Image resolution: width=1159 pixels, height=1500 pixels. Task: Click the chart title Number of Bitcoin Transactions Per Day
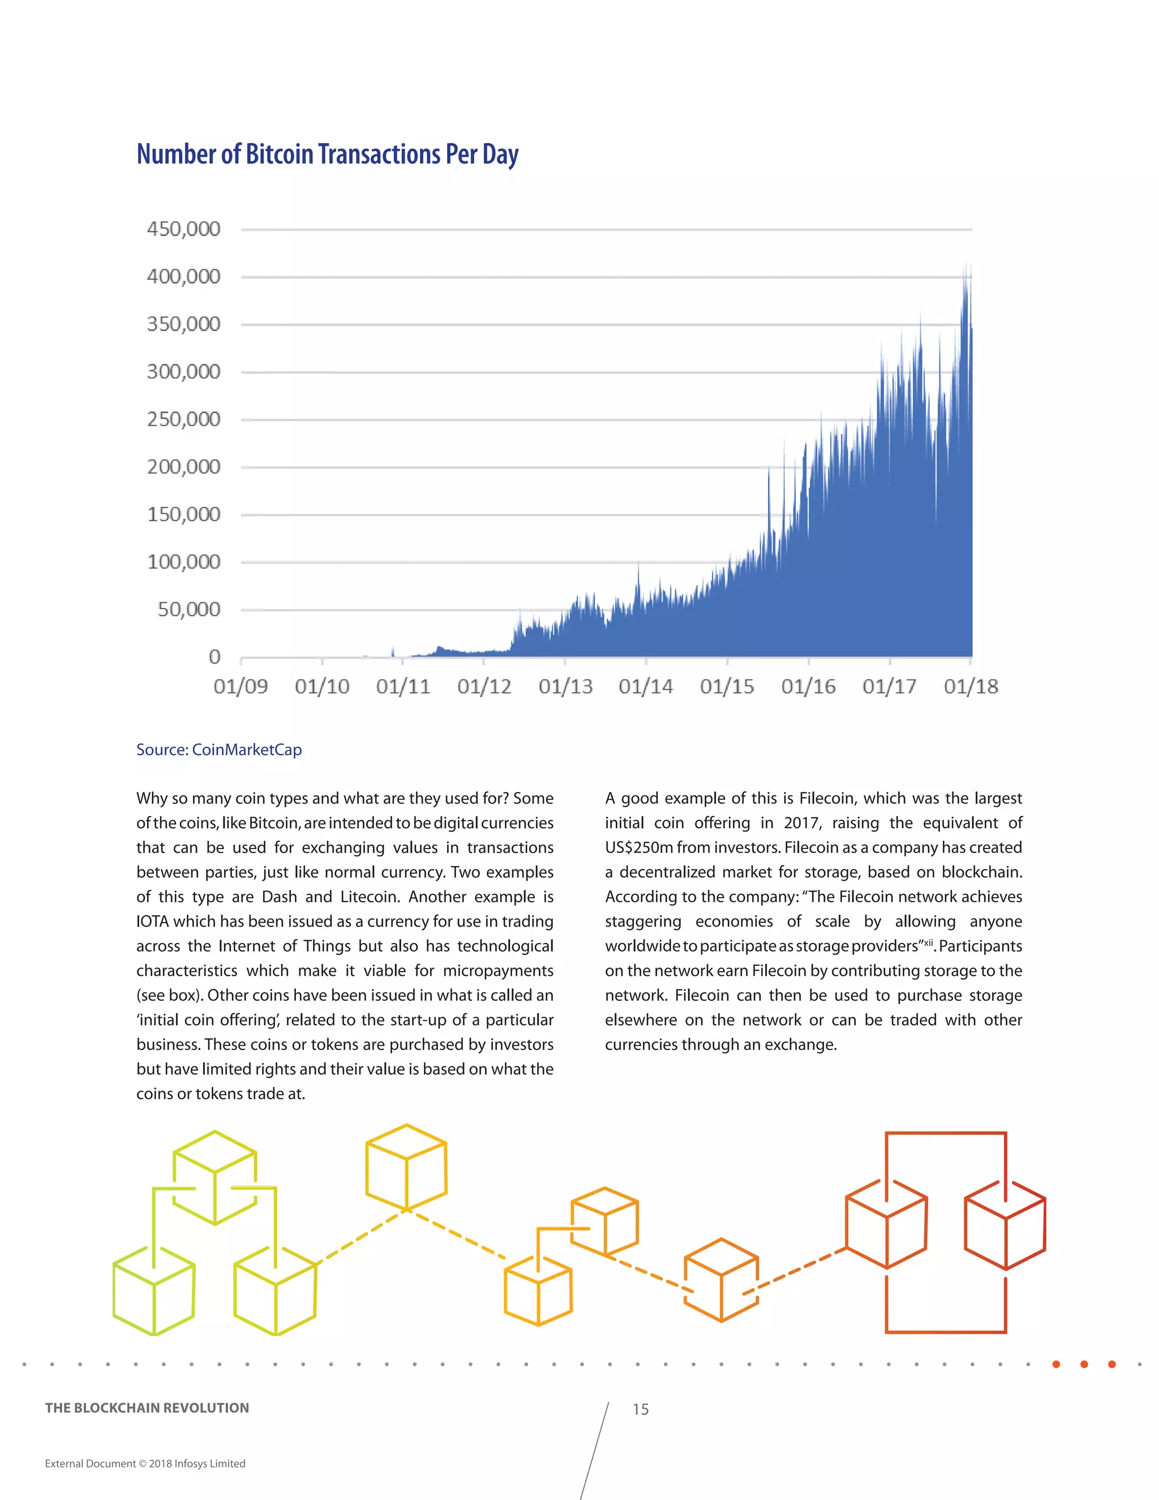point(328,154)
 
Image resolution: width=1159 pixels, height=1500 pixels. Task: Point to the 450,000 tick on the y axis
point(183,229)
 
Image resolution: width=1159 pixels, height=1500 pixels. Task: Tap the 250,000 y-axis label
point(183,419)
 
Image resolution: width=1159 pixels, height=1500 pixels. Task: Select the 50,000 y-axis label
point(189,609)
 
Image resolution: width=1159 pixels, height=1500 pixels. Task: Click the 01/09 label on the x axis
point(241,686)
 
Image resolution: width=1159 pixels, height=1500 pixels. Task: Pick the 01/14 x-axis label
point(645,686)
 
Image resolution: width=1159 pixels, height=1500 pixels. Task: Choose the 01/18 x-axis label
point(970,686)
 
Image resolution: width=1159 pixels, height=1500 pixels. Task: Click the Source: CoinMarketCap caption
point(219,749)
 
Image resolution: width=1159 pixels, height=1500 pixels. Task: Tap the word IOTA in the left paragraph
point(152,921)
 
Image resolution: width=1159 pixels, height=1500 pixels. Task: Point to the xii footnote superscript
point(928,942)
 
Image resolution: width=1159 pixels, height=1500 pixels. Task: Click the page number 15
point(640,1409)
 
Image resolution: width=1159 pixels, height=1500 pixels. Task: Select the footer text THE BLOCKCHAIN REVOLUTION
point(147,1408)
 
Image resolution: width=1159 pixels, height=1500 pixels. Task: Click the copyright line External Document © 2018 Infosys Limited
point(145,1464)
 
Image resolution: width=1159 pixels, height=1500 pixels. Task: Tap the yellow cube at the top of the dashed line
point(406,1168)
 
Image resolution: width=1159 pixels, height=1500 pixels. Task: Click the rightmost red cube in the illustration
point(1005,1225)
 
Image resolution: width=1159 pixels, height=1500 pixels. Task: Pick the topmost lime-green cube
point(215,1178)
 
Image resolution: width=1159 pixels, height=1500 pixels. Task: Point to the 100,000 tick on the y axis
point(183,562)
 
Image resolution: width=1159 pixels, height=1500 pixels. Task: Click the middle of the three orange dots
point(1084,1364)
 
